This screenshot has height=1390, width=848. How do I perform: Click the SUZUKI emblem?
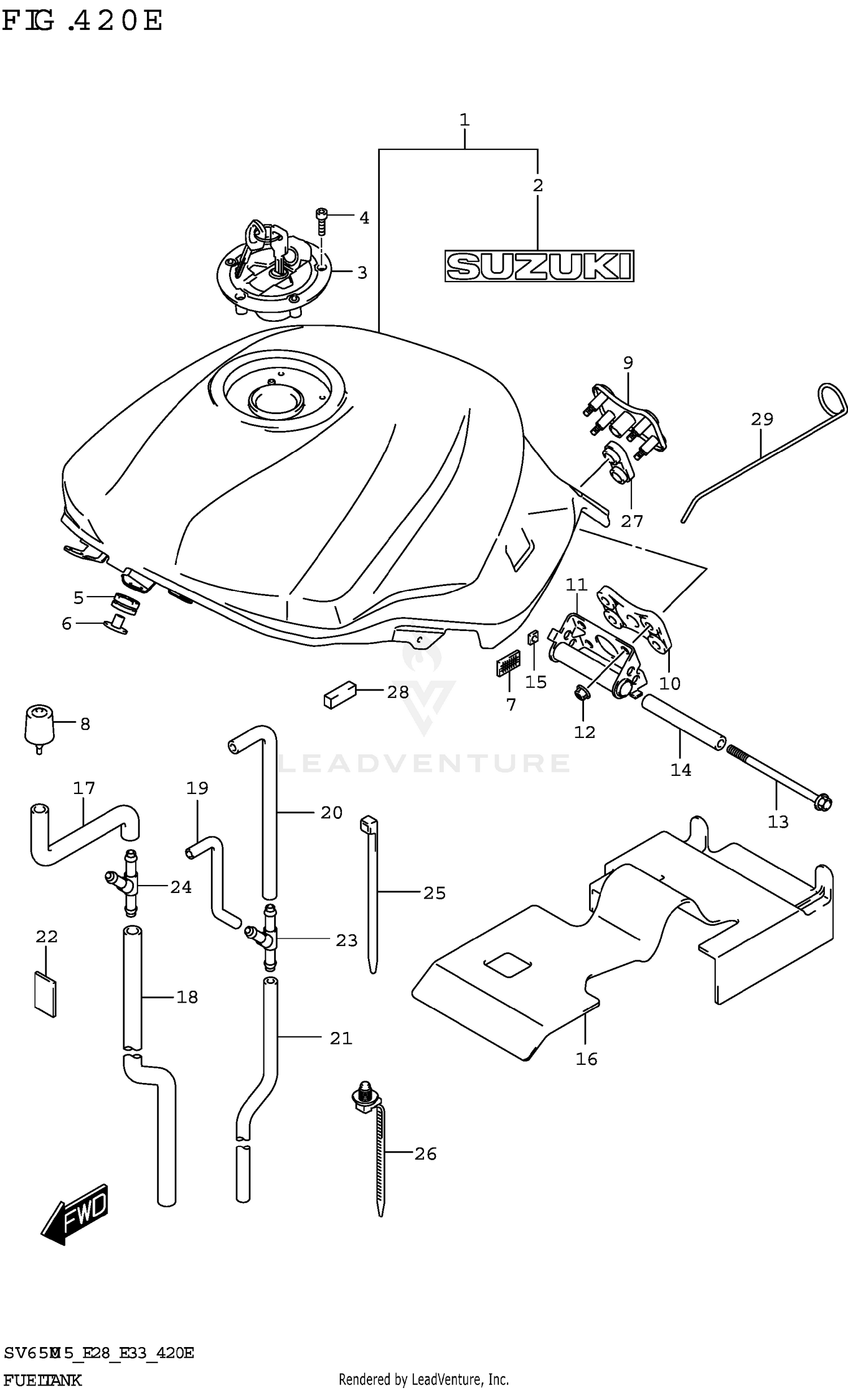click(539, 266)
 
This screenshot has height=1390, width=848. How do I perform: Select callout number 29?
click(762, 419)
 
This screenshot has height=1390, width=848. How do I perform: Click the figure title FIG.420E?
click(82, 21)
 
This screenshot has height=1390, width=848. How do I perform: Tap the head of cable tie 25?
click(368, 824)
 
